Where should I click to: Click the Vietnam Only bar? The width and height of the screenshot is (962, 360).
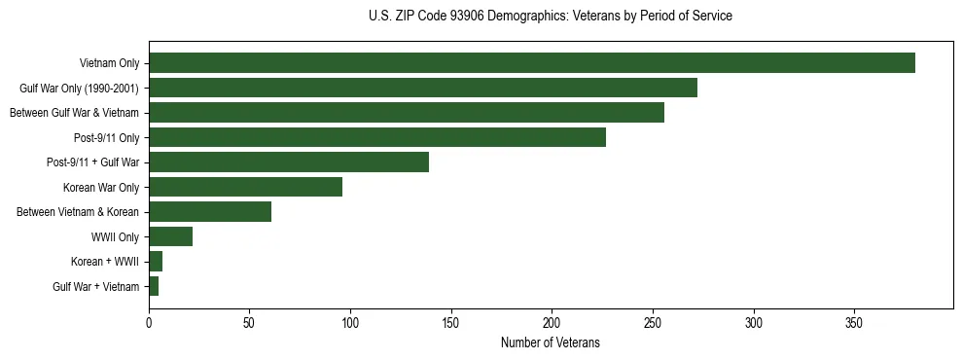[x=531, y=63]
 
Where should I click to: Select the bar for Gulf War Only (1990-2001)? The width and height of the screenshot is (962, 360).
[x=422, y=88]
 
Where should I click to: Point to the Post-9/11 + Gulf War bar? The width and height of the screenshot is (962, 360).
[x=288, y=162]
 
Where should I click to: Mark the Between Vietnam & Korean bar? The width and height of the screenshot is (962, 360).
[x=210, y=212]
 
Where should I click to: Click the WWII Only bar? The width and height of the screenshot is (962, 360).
[x=170, y=236]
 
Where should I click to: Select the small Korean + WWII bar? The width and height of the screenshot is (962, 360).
[x=156, y=262]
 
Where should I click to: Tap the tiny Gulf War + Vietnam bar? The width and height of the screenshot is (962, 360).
[x=154, y=286]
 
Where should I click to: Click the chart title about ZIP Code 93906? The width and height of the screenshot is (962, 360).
[x=551, y=17]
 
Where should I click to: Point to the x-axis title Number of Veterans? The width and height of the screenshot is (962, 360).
[x=551, y=343]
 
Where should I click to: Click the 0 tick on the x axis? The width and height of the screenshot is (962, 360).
[x=149, y=322]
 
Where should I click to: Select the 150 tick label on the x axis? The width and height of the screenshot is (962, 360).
[x=451, y=322]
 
